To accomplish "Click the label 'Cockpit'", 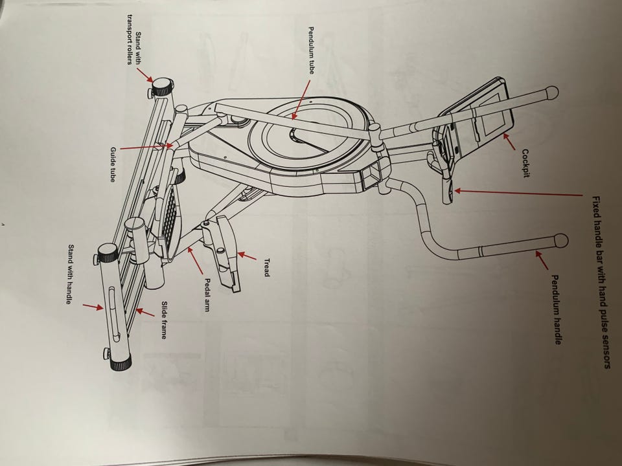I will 526,164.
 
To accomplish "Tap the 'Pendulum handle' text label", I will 555,309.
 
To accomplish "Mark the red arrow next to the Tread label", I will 246,256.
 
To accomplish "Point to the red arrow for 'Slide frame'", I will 145,313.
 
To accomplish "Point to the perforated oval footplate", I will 170,217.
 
